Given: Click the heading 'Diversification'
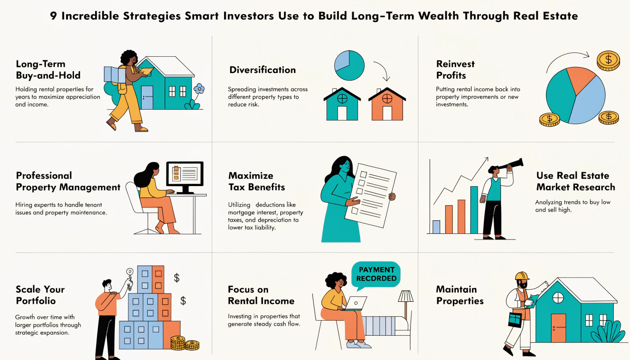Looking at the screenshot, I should tap(262, 70).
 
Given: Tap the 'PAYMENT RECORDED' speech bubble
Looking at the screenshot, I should tap(376, 274).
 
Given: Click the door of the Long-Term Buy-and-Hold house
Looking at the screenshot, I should tap(147, 97).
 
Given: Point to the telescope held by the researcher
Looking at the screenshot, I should tap(509, 165).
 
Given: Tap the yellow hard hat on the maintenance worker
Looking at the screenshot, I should tap(522, 276).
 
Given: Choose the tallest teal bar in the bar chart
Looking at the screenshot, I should tap(474, 210).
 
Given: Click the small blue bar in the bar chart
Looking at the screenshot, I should tap(436, 227).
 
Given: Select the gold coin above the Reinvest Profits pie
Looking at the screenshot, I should tap(608, 60).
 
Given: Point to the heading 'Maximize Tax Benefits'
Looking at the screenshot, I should tap(256, 181).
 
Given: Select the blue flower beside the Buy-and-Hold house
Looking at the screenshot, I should tap(199, 89).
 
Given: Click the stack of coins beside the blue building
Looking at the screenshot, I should tap(178, 343).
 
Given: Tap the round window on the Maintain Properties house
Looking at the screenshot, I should tap(558, 297).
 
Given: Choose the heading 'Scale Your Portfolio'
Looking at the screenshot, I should tap(40, 295).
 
